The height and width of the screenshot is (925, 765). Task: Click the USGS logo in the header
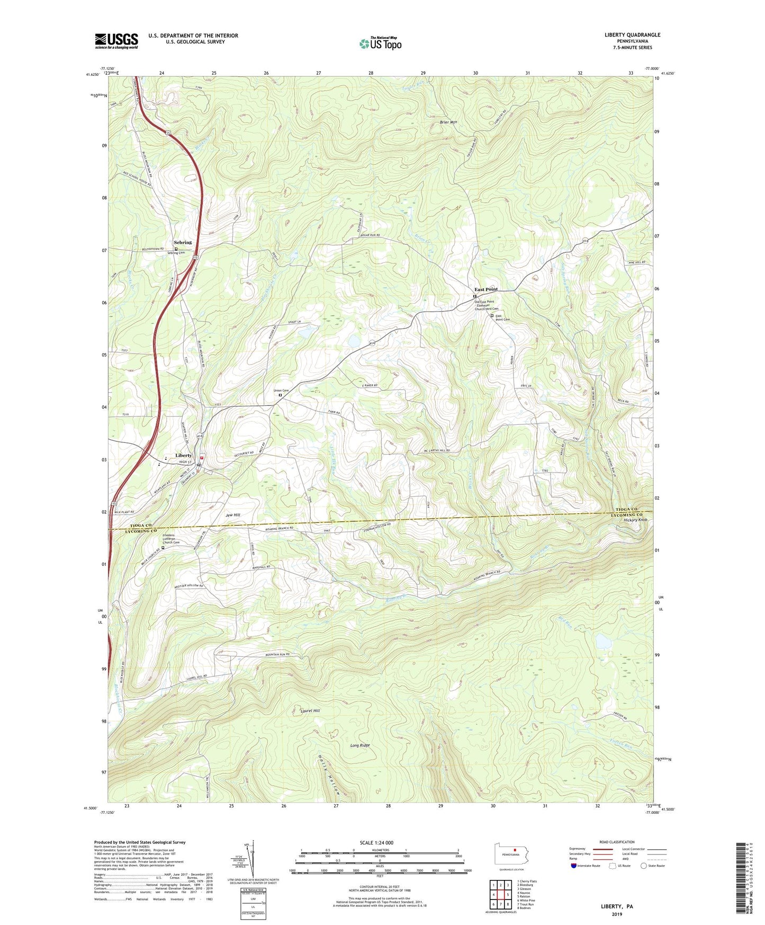coord(116,40)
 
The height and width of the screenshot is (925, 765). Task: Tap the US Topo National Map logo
coord(380,43)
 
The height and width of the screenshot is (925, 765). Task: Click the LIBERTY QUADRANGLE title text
coord(632,35)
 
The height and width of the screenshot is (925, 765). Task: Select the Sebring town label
coord(183,243)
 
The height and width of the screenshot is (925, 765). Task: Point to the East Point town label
coord(485,289)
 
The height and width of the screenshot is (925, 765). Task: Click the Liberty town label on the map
coord(183,456)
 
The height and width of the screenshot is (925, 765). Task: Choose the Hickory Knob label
coord(635,520)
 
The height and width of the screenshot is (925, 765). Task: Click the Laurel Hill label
coord(310,711)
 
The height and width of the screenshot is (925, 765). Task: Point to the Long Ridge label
coord(360,745)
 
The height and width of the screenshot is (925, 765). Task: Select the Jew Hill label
coord(232,515)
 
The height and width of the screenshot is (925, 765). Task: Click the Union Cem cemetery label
coord(281,391)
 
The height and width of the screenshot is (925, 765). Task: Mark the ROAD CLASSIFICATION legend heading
coord(617,842)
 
